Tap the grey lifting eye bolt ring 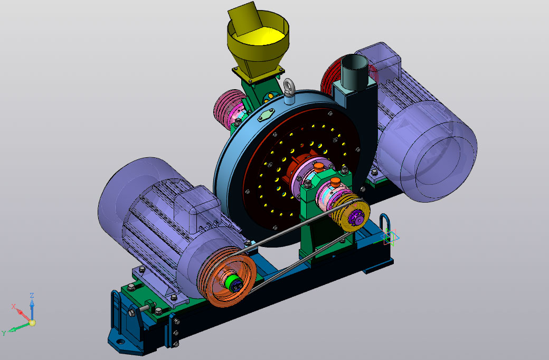click(x=289, y=86)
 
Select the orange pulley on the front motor click(x=228, y=277)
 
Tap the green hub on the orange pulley click(x=233, y=282)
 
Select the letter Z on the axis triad click(x=32, y=296)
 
